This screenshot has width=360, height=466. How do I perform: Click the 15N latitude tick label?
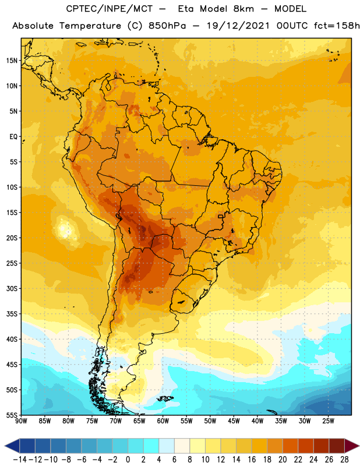12,61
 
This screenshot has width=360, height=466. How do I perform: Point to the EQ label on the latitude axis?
13,137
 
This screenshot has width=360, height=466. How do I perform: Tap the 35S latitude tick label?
12,314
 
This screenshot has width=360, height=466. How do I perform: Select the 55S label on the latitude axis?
12,415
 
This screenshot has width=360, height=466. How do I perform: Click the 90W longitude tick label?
21,421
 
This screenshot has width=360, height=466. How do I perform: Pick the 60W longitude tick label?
163,421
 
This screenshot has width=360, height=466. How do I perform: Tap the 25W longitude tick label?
328,421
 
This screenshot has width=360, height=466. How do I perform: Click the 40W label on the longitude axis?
257,421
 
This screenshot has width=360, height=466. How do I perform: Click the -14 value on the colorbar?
20,460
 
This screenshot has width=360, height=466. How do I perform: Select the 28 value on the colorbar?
344,460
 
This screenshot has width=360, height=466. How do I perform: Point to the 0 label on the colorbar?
128,460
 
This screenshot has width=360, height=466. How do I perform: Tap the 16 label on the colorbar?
252,460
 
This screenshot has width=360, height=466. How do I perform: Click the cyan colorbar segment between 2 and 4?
151,446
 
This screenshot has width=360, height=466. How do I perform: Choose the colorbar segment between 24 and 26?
321,446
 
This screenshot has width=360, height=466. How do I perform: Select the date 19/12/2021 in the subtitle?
238,26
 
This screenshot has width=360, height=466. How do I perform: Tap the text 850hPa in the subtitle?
167,26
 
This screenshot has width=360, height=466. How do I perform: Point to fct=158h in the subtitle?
337,26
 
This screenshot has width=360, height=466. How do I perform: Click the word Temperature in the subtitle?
90,26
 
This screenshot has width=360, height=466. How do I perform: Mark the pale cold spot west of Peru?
63,229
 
